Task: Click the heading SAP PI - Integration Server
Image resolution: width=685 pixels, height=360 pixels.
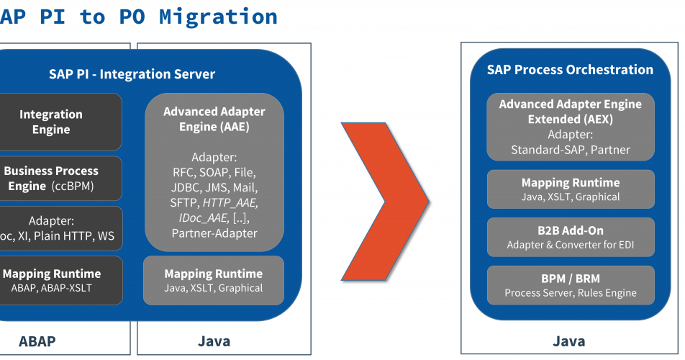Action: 132,74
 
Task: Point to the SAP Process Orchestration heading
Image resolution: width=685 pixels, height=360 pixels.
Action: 570,70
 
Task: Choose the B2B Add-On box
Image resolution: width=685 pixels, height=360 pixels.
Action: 571,238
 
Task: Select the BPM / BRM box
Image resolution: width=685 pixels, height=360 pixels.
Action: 571,285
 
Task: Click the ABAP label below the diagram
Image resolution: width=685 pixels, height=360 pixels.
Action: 37,341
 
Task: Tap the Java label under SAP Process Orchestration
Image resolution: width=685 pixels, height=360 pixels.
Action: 568,341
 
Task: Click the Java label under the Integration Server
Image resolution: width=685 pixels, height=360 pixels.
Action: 214,341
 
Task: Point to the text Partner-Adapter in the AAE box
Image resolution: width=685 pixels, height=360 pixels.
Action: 214,233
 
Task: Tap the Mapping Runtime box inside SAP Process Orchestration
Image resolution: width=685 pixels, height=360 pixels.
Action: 571,189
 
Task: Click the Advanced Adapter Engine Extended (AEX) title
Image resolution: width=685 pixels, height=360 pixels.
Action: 571,112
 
